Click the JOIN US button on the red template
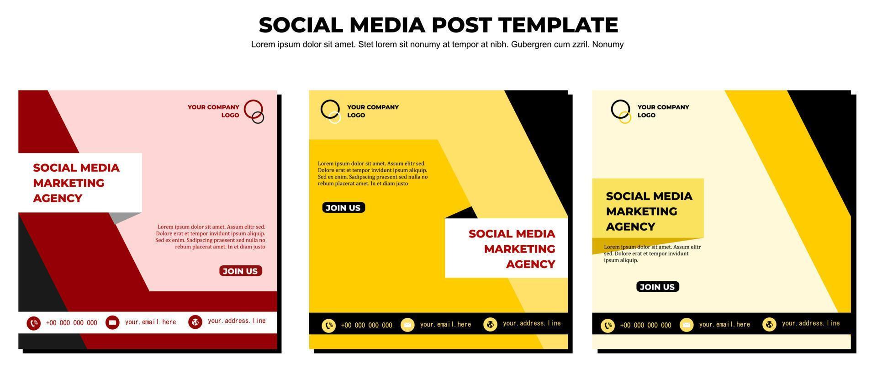[x=240, y=271]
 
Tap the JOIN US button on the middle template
[x=343, y=208]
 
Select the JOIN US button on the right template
[x=658, y=287]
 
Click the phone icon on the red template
[x=33, y=323]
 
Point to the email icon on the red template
[x=112, y=322]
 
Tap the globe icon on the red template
[x=195, y=322]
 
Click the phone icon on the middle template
[x=328, y=326]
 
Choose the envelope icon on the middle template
[x=407, y=325]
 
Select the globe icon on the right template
[x=769, y=324]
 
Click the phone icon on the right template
[x=608, y=326]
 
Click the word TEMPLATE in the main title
[x=558, y=25]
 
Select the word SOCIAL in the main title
[x=301, y=25]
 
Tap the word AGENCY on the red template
[x=58, y=198]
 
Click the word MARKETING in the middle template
[x=520, y=249]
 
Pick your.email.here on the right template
[x=724, y=325]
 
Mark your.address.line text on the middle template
[x=532, y=323]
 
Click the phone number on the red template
[x=72, y=323]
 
